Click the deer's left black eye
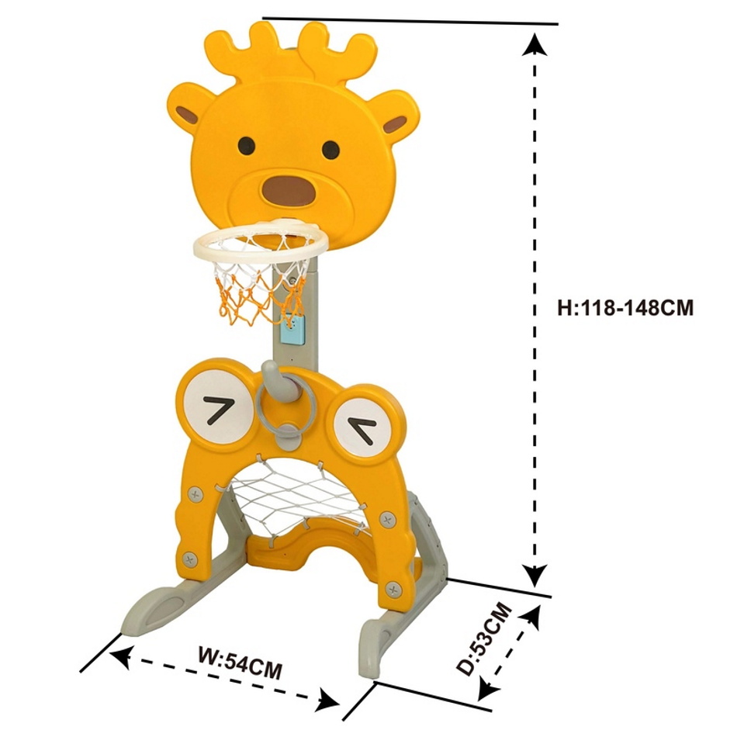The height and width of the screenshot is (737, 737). click(246, 146)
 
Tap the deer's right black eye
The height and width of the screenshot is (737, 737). click(331, 150)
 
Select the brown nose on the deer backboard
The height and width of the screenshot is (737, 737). click(289, 191)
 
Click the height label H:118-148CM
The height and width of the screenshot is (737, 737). click(625, 308)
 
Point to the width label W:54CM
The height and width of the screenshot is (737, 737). click(240, 663)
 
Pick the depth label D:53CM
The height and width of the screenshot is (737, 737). click(484, 639)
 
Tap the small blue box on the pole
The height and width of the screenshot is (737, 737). click(292, 329)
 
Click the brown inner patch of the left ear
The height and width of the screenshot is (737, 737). click(187, 115)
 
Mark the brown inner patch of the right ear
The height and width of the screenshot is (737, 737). click(394, 125)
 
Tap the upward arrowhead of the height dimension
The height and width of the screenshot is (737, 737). click(534, 45)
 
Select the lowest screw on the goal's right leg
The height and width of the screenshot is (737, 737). click(393, 589)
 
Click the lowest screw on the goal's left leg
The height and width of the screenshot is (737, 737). click(189, 559)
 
